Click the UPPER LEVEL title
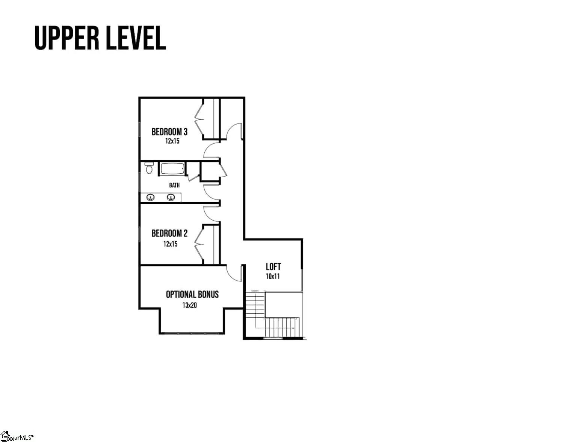pyautogui.click(x=100, y=38)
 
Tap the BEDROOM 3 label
pyautogui.click(x=169, y=132)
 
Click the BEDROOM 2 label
pyautogui.click(x=169, y=233)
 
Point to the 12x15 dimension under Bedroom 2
pyautogui.click(x=170, y=244)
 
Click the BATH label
pyautogui.click(x=174, y=185)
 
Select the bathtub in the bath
pyautogui.click(x=173, y=168)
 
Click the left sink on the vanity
pyautogui.click(x=151, y=197)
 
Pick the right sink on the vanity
pyautogui.click(x=171, y=197)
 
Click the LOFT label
pyautogui.click(x=273, y=267)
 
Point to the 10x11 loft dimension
pyautogui.click(x=273, y=277)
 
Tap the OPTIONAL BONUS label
pyautogui.click(x=192, y=295)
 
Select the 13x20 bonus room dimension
pyautogui.click(x=190, y=305)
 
